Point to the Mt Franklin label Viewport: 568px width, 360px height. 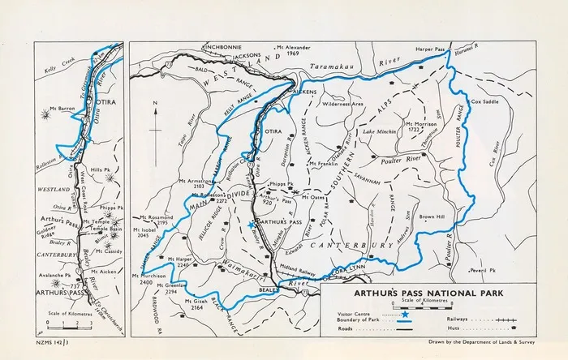(323, 164)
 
